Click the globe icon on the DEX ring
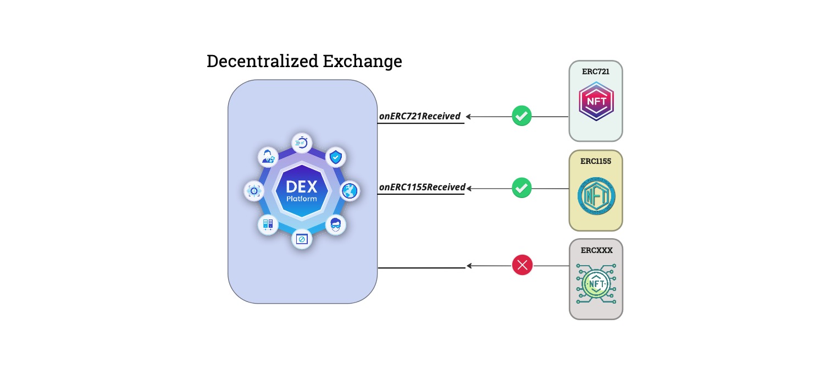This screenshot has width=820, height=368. click(x=350, y=191)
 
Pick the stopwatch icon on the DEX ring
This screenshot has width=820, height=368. click(x=302, y=143)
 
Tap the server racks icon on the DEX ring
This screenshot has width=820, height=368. click(x=268, y=224)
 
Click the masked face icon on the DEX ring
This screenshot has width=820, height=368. click(x=335, y=224)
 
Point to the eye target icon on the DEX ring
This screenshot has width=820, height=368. click(x=254, y=191)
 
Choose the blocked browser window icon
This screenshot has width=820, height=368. click(x=302, y=239)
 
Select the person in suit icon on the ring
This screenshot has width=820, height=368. click(x=268, y=157)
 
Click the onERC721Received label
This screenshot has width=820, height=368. click(x=419, y=116)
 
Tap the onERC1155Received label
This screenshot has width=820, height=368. click(x=422, y=187)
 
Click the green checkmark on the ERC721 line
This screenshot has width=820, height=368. click(x=522, y=116)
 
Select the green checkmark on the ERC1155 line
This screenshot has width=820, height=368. click(x=522, y=188)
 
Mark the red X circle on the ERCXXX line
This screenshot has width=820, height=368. click(x=522, y=266)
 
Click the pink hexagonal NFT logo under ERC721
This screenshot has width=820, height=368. click(x=596, y=102)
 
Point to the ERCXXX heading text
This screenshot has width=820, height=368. click(x=596, y=250)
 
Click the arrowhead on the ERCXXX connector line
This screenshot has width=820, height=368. click(x=469, y=266)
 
